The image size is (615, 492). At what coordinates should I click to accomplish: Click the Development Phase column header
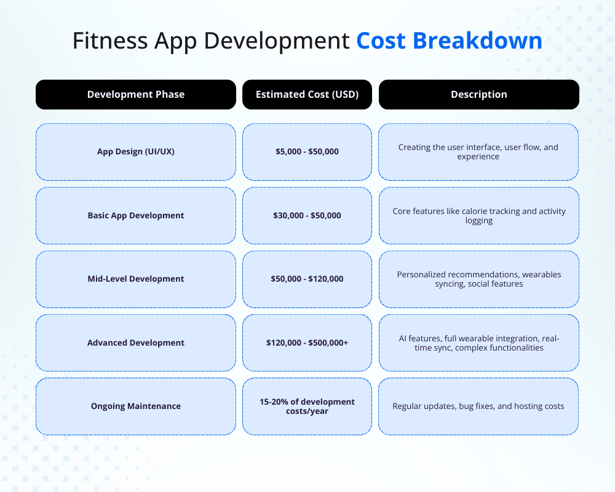click(x=136, y=95)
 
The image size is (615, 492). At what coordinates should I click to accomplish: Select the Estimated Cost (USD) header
click(x=307, y=95)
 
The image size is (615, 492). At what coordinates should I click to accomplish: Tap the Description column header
click(x=478, y=95)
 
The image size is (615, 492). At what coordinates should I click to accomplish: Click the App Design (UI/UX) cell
click(x=136, y=151)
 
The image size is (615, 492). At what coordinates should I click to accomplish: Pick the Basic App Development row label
click(x=136, y=215)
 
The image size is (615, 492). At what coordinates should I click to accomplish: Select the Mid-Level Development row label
click(x=136, y=279)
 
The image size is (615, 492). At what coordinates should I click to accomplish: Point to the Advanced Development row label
click(x=136, y=343)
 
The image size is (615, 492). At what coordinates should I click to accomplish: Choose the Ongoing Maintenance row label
click(x=136, y=406)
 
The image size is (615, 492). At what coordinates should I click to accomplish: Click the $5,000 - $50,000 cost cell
click(x=307, y=151)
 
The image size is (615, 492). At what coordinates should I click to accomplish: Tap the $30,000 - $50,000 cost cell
click(x=307, y=215)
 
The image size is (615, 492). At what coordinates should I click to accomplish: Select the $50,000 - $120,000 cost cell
click(x=307, y=279)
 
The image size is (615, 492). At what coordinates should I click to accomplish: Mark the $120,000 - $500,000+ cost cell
click(x=307, y=343)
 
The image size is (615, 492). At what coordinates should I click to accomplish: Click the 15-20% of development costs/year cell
click(x=307, y=406)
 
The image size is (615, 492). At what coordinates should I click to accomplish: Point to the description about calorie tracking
click(x=478, y=215)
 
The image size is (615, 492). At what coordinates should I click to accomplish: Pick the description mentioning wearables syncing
click(x=478, y=279)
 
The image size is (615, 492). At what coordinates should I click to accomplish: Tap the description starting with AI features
click(x=478, y=343)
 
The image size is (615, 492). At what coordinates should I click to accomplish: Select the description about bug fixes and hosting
click(x=478, y=406)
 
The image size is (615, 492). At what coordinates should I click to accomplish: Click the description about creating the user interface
click(x=478, y=151)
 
